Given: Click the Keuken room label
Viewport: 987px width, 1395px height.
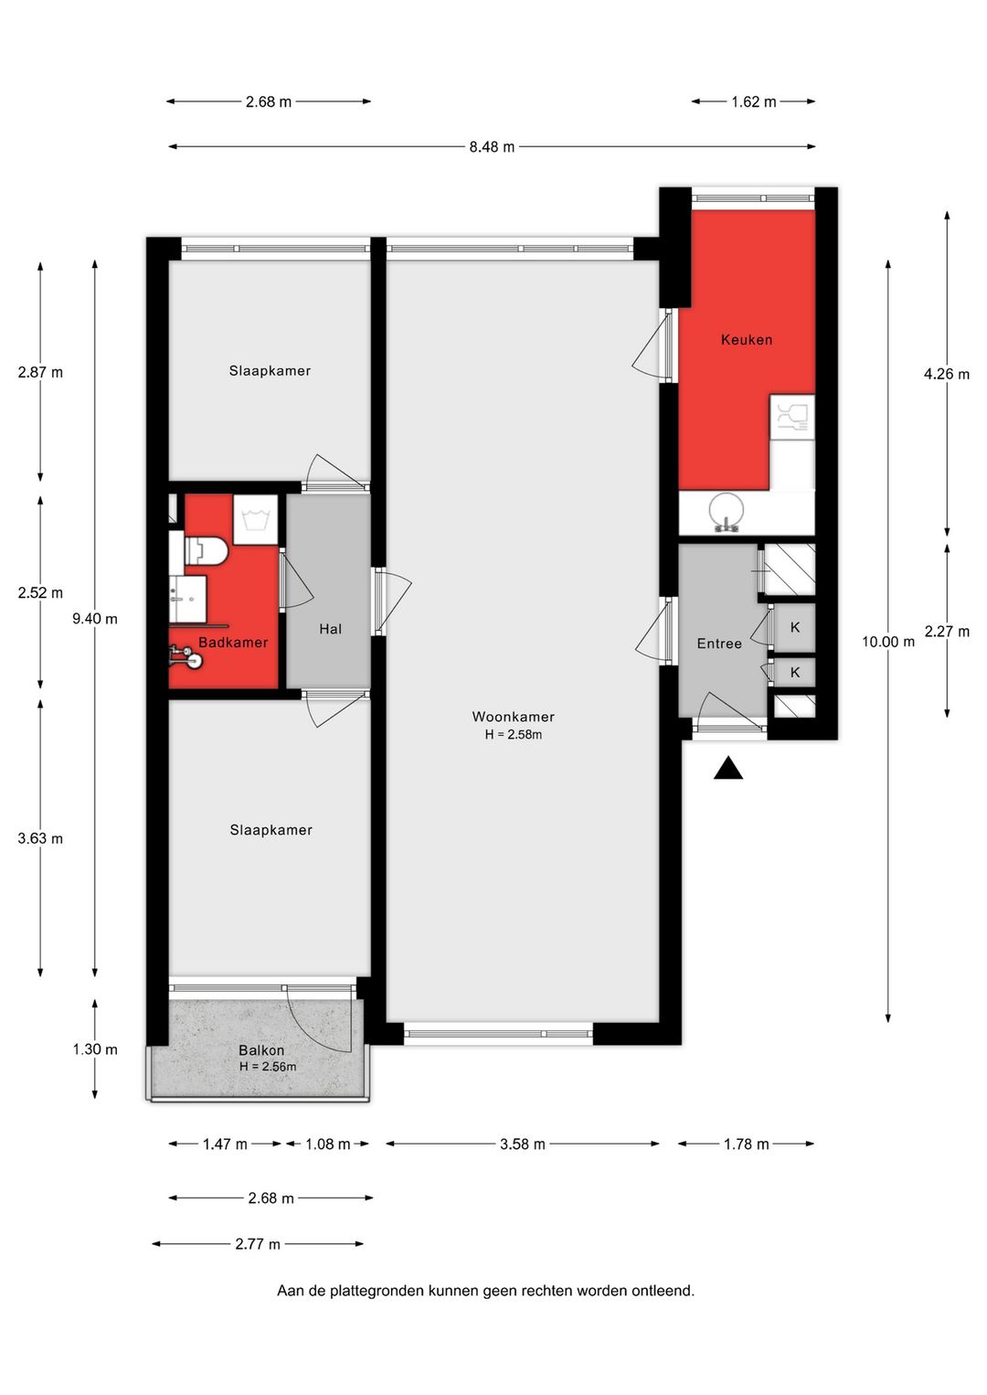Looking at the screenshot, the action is point(746,339).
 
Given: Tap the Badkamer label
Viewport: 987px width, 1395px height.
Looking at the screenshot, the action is point(233,642).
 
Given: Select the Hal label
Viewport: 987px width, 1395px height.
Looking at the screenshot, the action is point(330,629).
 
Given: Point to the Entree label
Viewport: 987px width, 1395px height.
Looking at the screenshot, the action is point(719,644).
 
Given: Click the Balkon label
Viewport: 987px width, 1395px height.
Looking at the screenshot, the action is point(261,1050).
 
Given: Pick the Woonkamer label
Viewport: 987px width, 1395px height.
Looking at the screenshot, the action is point(513,717).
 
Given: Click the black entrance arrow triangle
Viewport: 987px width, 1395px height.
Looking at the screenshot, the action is point(728,769).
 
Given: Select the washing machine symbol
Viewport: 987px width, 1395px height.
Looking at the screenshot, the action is point(255,519).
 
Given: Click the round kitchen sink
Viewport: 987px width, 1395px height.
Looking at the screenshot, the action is point(726,510).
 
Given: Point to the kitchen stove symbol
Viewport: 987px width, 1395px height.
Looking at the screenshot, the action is point(792,417).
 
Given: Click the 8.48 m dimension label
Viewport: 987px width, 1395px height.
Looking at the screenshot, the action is point(492,147).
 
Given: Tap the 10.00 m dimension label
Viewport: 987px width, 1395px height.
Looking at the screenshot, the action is point(888,642).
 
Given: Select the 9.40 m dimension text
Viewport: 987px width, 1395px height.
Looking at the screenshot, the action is point(95,618).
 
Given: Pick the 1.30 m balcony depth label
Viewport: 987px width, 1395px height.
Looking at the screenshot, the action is point(95,1049).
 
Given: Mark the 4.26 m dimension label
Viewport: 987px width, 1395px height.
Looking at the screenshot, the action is point(947,374).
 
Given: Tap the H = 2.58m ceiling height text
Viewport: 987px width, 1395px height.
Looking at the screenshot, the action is point(513,734).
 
